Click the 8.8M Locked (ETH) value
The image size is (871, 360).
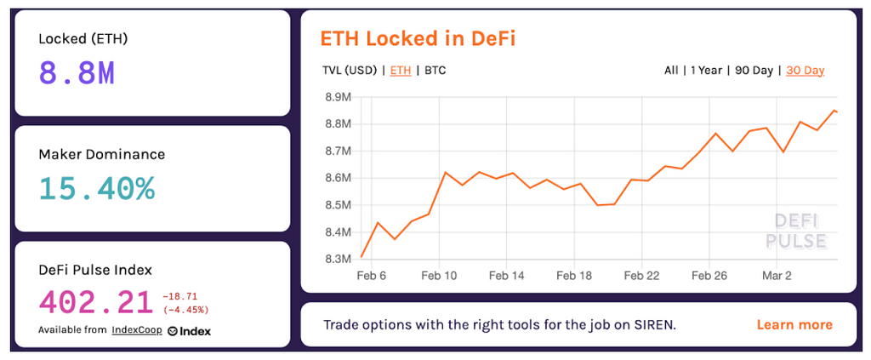[77, 73]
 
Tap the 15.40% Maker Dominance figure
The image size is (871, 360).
[97, 188]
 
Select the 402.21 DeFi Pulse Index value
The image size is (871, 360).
[95, 301]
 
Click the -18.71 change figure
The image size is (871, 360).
[179, 295]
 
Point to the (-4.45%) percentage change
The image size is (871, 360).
[185, 309]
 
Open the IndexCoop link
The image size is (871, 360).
[137, 330]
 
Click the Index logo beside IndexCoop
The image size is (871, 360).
[189, 330]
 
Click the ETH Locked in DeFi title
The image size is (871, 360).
[418, 38]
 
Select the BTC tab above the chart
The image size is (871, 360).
[435, 71]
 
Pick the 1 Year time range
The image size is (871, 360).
[705, 71]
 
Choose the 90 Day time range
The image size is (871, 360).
[753, 71]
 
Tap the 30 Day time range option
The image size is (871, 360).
[805, 71]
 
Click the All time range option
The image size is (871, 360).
[671, 71]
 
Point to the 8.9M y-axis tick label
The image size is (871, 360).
[338, 97]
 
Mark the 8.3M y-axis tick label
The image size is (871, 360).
[338, 259]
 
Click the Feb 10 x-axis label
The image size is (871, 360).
[439, 276]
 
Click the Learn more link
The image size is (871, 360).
[794, 325]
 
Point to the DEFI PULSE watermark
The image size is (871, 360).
[796, 231]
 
